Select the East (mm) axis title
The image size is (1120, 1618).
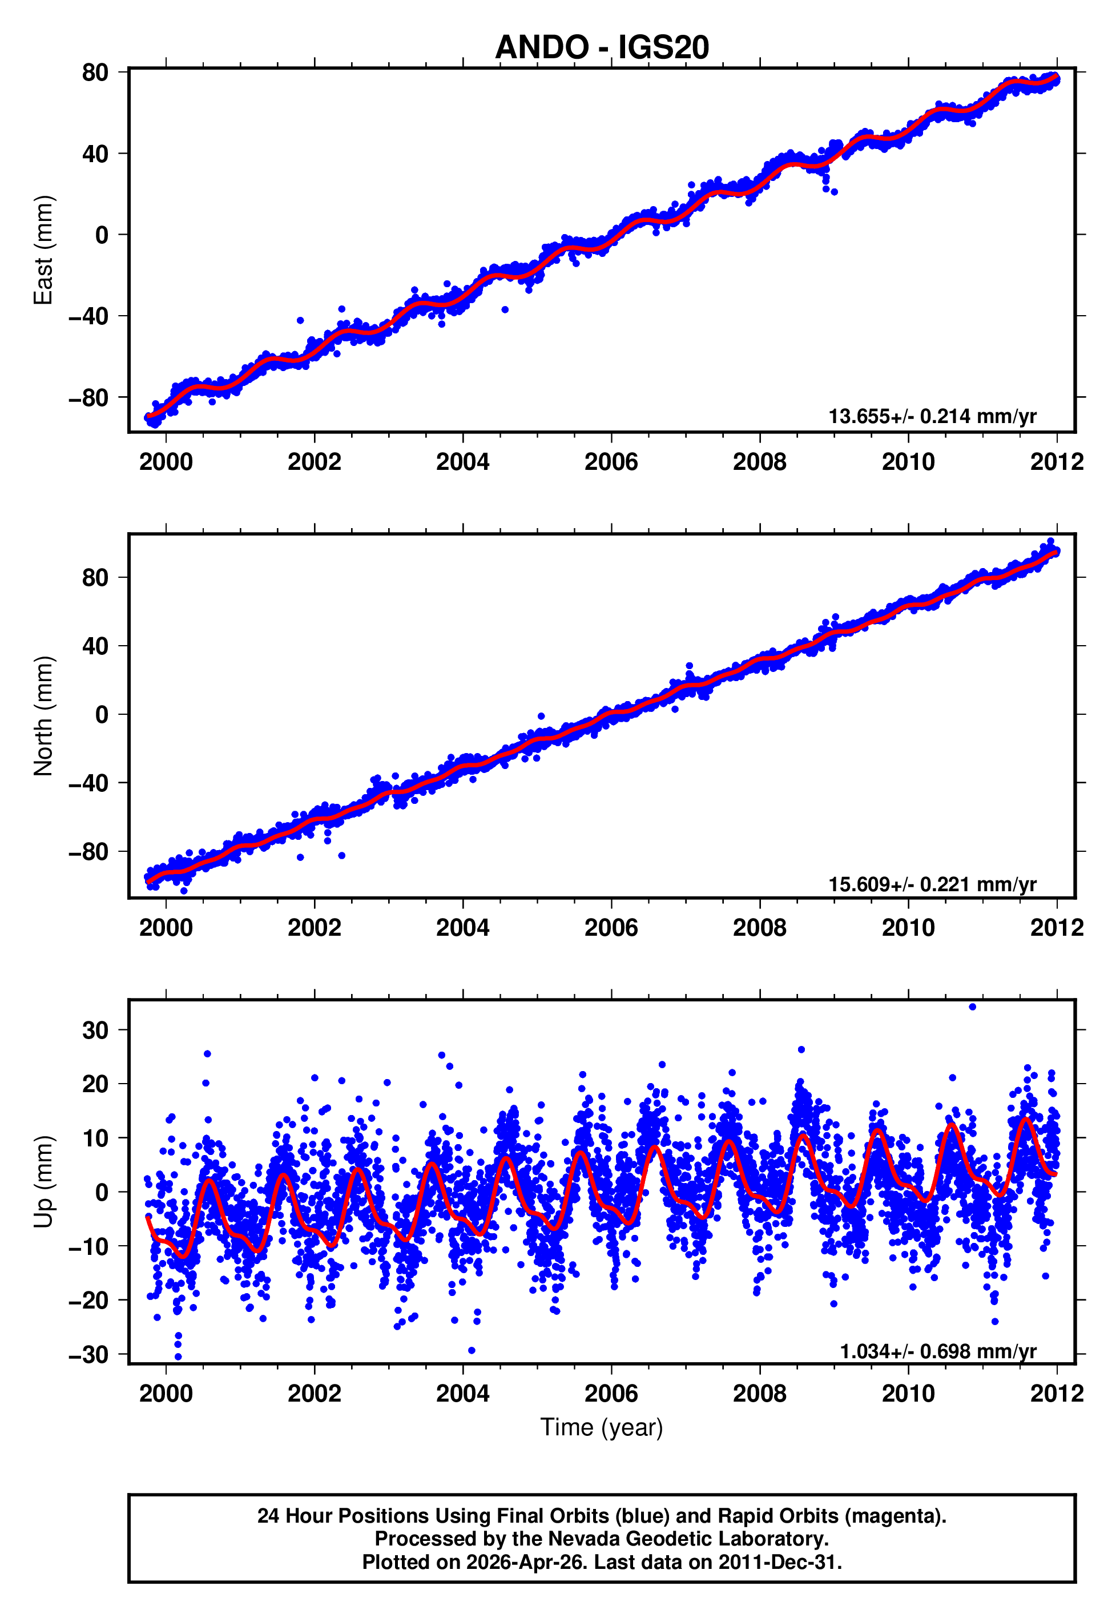tap(43, 250)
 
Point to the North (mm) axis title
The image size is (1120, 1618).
tap(43, 716)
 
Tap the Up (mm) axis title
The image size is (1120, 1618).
tap(43, 1182)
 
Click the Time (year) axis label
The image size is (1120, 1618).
tap(602, 1428)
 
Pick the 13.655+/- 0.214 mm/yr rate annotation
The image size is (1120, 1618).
tap(932, 417)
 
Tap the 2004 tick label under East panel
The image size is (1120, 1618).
tap(462, 462)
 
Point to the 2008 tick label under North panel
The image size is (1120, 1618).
tap(759, 928)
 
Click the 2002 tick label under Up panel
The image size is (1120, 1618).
tap(314, 1394)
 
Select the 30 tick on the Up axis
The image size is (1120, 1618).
tap(95, 1031)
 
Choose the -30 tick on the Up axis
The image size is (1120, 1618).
tap(89, 1355)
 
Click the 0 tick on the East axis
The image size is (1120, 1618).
tap(102, 235)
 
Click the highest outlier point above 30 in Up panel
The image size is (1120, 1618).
tap(972, 1007)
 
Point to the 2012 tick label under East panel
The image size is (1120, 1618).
tap(1056, 462)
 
